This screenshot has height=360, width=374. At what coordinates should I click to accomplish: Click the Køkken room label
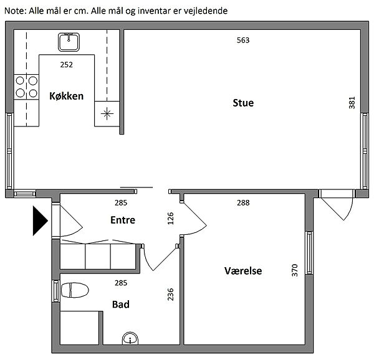pyautogui.click(x=66, y=96)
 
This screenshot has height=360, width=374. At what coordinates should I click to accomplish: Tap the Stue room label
pyautogui.click(x=243, y=103)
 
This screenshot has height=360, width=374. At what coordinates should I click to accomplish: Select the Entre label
pyautogui.click(x=123, y=220)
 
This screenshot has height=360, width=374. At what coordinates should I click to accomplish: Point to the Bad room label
pyautogui.click(x=121, y=304)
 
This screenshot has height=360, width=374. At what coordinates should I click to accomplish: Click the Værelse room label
pyautogui.click(x=243, y=271)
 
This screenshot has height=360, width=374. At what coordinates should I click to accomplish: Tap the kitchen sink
pyautogui.click(x=69, y=42)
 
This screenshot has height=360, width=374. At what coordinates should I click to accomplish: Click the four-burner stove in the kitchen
pyautogui.click(x=26, y=87)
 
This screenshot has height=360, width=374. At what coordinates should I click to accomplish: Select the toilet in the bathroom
pyautogui.click(x=75, y=290)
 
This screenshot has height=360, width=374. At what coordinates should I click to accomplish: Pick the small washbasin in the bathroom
pyautogui.click(x=130, y=338)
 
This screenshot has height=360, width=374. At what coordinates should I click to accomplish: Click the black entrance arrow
pyautogui.click(x=40, y=221)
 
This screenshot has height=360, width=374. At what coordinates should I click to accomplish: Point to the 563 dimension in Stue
pyautogui.click(x=243, y=40)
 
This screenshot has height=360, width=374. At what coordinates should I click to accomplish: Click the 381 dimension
pyautogui.click(x=352, y=103)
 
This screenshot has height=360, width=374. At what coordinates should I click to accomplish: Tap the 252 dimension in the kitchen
pyautogui.click(x=66, y=65)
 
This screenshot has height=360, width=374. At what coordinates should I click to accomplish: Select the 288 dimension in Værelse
pyautogui.click(x=243, y=203)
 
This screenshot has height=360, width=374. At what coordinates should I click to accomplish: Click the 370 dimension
pyautogui.click(x=295, y=270)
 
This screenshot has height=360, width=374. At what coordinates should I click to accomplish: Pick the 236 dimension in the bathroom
pyautogui.click(x=170, y=294)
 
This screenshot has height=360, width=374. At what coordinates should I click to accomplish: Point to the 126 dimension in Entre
pyautogui.click(x=170, y=219)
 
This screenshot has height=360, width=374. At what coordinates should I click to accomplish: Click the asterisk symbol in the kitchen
pyautogui.click(x=107, y=113)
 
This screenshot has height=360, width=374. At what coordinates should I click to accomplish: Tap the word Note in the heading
pyautogui.click(x=14, y=11)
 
